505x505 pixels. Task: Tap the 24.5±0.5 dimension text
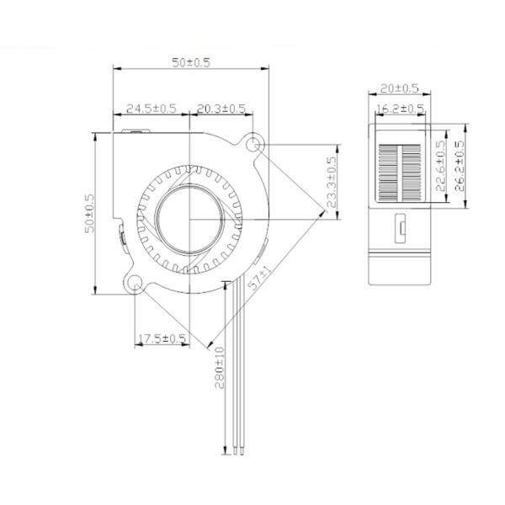pos(151,108)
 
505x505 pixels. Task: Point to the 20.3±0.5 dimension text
pos(221,108)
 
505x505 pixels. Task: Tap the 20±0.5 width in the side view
pos(399,88)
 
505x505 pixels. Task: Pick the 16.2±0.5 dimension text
pos(399,108)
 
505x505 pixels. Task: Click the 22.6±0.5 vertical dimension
pos(440,166)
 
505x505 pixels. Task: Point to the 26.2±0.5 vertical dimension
pos(460,166)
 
